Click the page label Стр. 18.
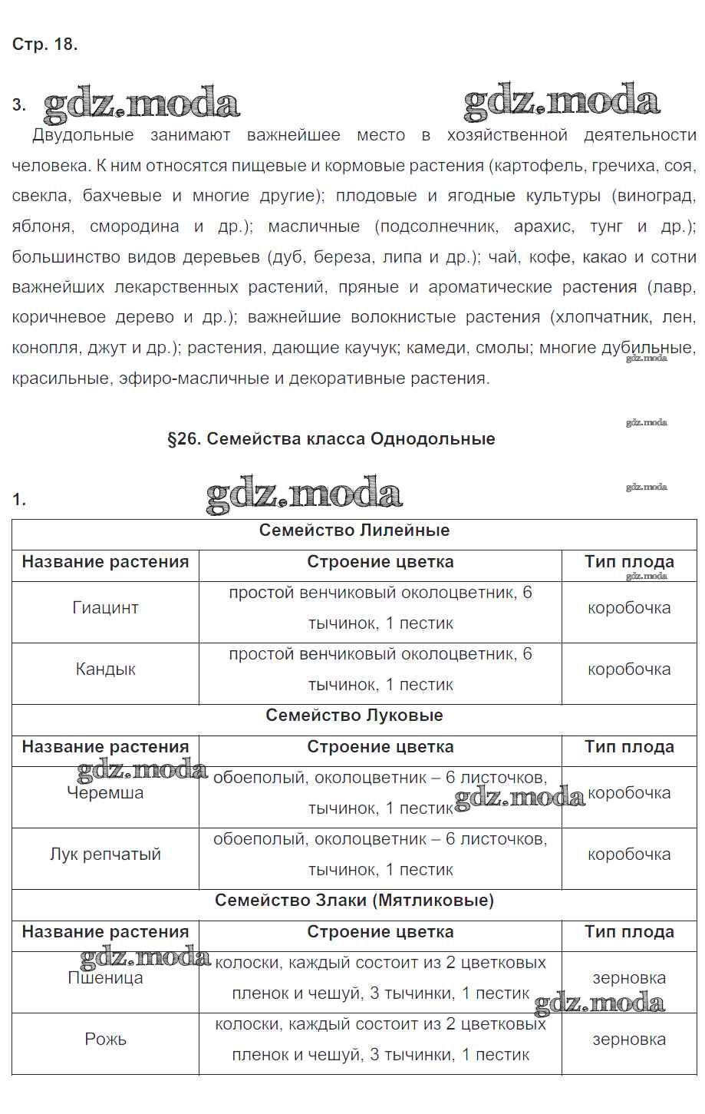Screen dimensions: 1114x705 click(44, 45)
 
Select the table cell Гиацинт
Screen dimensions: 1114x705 click(105, 608)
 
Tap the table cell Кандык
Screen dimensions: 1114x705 click(105, 669)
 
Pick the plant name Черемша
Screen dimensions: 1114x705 click(105, 793)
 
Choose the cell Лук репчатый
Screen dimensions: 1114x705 click(105, 855)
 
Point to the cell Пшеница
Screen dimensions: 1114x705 click(105, 978)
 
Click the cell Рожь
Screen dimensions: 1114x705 click(105, 1040)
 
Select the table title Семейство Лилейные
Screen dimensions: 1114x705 click(354, 531)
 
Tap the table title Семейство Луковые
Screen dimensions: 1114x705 click(354, 716)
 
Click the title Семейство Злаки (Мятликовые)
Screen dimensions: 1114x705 click(354, 901)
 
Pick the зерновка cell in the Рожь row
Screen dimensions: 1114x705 click(629, 1040)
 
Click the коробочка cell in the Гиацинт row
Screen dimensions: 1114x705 click(629, 608)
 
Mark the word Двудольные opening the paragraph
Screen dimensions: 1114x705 click(83, 136)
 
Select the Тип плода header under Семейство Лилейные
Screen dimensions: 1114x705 click(629, 562)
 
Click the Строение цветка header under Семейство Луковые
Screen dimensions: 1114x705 click(380, 747)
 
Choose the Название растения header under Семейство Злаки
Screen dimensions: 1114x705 click(105, 932)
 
